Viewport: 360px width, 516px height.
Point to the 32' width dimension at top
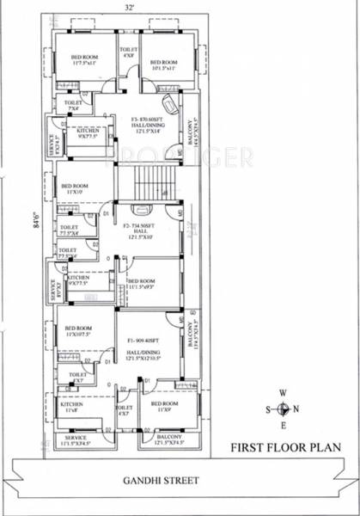coord(126,7)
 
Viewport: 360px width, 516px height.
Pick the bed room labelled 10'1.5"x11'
coord(163,64)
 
